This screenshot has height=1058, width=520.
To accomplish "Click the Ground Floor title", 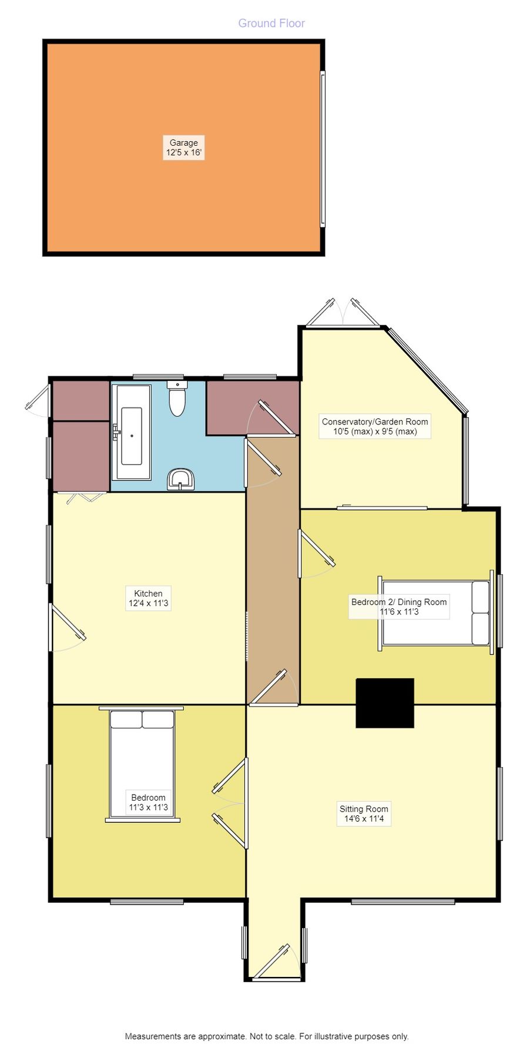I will click(x=271, y=24).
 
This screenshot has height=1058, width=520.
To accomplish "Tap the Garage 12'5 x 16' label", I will click(x=184, y=148).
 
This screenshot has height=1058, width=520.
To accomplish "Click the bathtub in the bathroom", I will click(x=131, y=432).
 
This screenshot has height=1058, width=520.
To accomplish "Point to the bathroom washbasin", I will click(x=181, y=479).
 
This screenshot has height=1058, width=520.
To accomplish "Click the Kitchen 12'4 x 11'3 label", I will click(x=148, y=598).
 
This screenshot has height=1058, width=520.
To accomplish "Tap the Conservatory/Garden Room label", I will click(x=375, y=426).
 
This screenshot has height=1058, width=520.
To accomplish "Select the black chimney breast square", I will click(x=385, y=703).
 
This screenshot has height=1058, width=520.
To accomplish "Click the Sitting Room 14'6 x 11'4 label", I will click(x=364, y=813).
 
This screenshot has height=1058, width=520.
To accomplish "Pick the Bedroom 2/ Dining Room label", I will click(x=399, y=607).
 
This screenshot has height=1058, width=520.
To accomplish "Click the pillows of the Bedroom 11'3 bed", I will click(x=142, y=720).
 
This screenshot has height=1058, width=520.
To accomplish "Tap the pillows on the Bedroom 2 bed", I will click(x=480, y=613).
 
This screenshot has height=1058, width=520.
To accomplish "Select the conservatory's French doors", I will click(x=343, y=313).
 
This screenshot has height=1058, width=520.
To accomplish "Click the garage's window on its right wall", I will click(x=323, y=149).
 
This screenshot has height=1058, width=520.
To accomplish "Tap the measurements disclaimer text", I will click(x=266, y=1036).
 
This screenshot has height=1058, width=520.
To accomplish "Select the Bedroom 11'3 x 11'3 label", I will click(x=148, y=802).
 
